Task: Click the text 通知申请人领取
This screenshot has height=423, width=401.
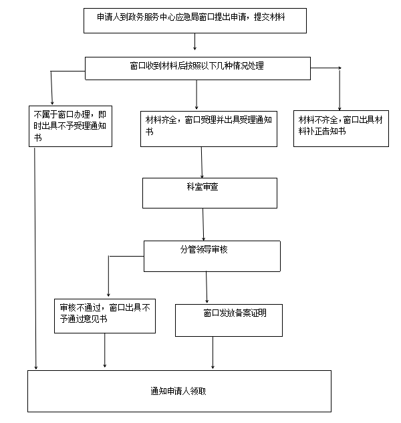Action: tap(178, 391)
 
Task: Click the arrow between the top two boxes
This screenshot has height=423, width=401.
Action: tap(194, 41)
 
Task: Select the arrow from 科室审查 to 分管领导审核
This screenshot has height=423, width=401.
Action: tap(203, 225)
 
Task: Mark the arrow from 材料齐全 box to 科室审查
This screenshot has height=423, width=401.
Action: tap(202, 162)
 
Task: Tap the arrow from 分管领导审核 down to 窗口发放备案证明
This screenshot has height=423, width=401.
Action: tap(207, 287)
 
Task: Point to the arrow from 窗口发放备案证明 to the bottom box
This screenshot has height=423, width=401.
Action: tap(213, 353)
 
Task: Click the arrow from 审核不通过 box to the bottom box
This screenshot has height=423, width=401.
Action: tap(105, 350)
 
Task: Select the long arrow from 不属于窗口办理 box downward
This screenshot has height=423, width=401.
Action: tap(35, 259)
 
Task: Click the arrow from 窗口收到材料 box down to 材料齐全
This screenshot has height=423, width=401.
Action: tap(196, 94)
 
